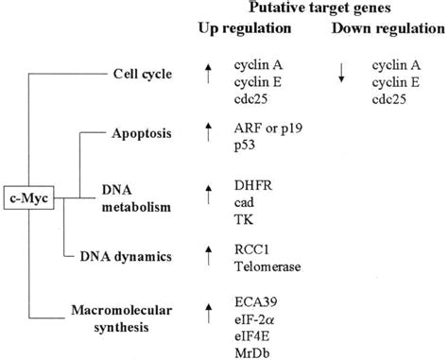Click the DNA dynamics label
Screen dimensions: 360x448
coord(136,254)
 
